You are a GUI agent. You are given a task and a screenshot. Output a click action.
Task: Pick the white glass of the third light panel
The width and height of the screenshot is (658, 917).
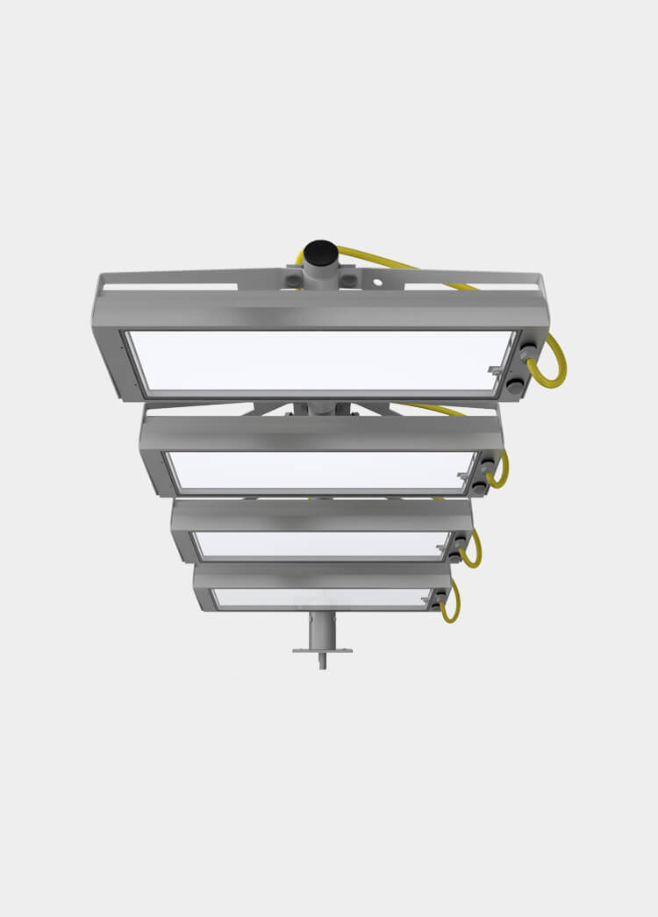coord(321,544)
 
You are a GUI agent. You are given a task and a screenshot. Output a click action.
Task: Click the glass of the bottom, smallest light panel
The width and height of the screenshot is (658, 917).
coord(321,598)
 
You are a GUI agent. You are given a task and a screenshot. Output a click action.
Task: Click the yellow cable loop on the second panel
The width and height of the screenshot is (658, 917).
coord(501,471)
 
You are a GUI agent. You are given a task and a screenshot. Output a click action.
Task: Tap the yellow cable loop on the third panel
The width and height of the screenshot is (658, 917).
coord(473,551)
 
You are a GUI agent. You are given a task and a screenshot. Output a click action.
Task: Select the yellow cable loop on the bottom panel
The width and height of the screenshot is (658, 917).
coord(451,604)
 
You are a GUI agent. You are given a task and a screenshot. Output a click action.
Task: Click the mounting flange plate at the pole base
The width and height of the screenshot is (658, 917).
coord(322,650)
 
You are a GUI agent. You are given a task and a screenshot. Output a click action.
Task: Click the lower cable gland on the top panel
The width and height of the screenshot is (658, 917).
coord(516,383)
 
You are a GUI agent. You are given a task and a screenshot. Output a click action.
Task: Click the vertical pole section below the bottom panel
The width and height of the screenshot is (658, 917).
coord(322,630)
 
